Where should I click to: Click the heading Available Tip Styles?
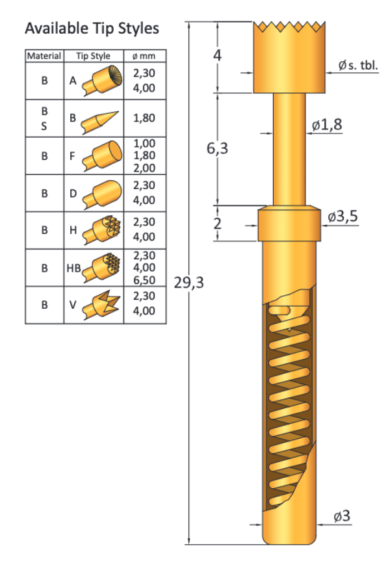(x=91, y=29)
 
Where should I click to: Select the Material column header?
(x=44, y=56)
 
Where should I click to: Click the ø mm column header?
(x=144, y=56)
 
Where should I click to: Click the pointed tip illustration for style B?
(x=101, y=119)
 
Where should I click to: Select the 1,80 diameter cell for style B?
(x=144, y=118)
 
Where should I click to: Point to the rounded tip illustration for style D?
(x=103, y=194)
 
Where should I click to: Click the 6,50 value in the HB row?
(x=144, y=278)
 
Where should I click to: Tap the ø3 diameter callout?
(x=341, y=516)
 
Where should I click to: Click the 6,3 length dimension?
(x=217, y=149)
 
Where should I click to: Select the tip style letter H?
(x=73, y=230)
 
